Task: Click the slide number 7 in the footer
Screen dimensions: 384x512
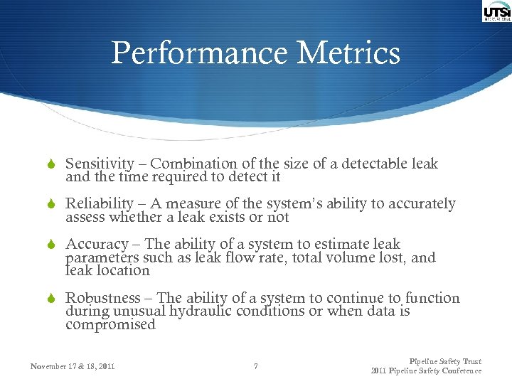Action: (x=255, y=367)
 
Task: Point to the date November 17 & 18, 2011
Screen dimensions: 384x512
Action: (x=73, y=367)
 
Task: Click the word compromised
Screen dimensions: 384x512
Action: (x=110, y=325)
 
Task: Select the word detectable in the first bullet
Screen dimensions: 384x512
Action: (x=375, y=164)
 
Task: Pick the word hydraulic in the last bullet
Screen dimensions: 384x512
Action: (x=204, y=311)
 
